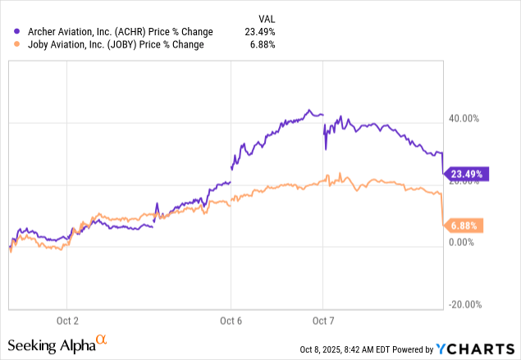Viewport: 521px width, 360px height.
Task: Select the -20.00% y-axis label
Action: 460,303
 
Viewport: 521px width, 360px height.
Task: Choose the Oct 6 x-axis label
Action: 231,320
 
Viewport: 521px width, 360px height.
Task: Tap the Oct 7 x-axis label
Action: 323,320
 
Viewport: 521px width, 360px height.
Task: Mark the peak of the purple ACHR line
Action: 308,110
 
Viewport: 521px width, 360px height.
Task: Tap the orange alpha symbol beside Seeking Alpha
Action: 102,338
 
